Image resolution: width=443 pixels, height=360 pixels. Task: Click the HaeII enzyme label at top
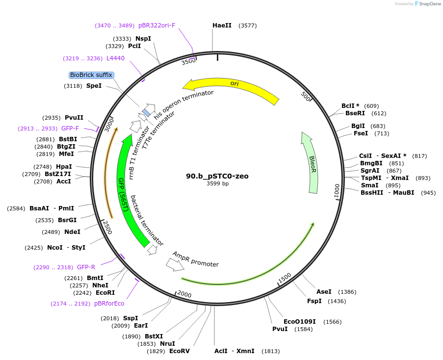click(x=222, y=25)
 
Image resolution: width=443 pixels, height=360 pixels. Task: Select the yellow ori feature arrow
click(x=231, y=88)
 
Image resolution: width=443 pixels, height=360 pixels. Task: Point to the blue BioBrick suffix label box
click(x=91, y=75)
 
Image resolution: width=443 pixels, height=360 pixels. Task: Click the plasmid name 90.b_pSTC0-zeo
click(x=217, y=176)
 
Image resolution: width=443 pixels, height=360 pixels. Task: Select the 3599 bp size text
click(x=217, y=184)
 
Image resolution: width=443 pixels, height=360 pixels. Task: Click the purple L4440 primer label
click(x=115, y=58)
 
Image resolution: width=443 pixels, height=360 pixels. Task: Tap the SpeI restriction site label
click(x=94, y=86)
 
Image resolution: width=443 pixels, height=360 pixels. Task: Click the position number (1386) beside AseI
click(x=347, y=292)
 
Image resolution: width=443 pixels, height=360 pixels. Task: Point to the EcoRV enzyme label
click(x=179, y=351)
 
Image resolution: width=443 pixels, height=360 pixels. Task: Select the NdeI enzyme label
click(x=72, y=232)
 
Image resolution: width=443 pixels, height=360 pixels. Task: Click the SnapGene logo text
click(x=429, y=4)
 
